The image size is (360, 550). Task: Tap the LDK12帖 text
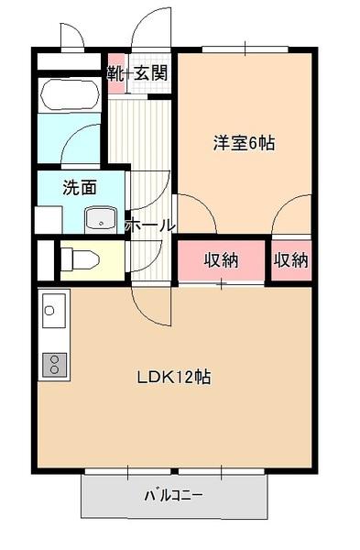175,377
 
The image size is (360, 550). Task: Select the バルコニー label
174,496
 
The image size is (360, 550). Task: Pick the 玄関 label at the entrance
150,71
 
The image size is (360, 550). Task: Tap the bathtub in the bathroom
70,93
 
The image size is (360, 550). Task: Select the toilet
81,259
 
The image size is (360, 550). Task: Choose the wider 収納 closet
221,259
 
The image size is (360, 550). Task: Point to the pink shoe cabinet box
115,71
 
